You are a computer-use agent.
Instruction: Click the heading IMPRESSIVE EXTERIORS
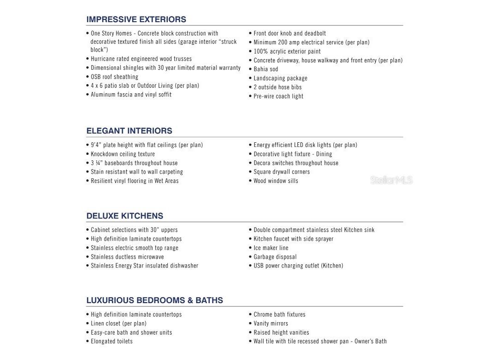[x=136, y=19]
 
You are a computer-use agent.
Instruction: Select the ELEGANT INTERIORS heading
[x=129, y=131]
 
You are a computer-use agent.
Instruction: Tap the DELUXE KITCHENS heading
[x=124, y=216]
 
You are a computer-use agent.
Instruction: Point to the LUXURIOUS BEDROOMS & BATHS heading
[x=154, y=300]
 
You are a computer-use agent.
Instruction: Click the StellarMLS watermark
[x=391, y=180]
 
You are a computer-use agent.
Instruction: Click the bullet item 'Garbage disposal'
[x=275, y=257]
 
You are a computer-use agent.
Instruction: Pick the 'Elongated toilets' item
[x=111, y=342]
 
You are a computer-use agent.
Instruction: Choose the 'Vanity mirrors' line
[x=271, y=323]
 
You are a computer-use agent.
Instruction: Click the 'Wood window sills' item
[x=276, y=181]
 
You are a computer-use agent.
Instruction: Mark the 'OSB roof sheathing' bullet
[x=114, y=77]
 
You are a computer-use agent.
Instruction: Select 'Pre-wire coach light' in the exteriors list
[x=278, y=97]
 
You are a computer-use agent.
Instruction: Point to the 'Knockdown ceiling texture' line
[x=123, y=154]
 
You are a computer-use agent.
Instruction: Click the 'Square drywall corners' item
[x=282, y=172]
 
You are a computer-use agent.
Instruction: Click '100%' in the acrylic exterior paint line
[x=261, y=51]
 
